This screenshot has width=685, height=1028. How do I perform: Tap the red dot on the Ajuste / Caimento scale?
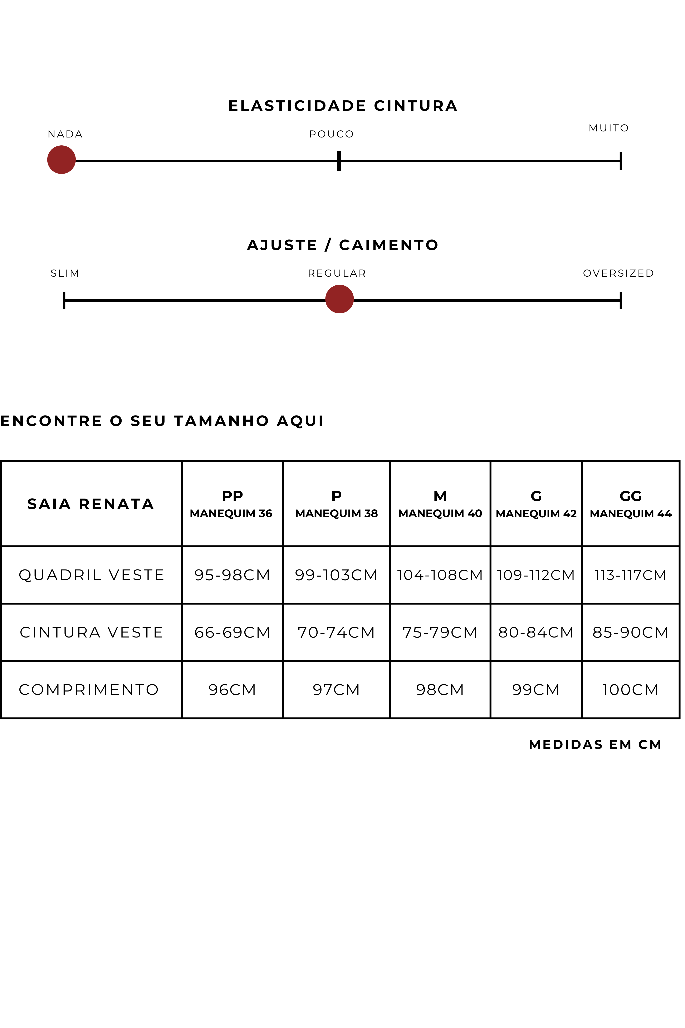[x=339, y=299]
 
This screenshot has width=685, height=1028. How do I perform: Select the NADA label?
[x=65, y=134]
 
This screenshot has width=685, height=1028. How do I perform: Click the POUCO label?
[x=331, y=134]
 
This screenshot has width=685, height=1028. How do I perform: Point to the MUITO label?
[x=608, y=128]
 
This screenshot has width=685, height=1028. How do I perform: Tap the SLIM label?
[x=65, y=273]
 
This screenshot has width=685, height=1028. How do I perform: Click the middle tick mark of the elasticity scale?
[x=339, y=161]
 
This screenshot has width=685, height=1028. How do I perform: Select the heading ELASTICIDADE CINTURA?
[x=343, y=106]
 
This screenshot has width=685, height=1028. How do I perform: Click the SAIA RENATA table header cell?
[x=91, y=504]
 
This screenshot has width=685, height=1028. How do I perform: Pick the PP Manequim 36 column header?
[x=232, y=504]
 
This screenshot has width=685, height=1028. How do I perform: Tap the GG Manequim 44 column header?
[x=630, y=504]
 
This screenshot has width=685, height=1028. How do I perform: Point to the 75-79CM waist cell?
[x=440, y=632]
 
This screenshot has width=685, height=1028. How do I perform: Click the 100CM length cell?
[x=630, y=690]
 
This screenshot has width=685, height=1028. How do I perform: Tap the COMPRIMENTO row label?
[x=89, y=690]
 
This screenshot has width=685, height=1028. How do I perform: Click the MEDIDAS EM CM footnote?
[x=595, y=744]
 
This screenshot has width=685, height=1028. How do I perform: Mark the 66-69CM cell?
[x=232, y=632]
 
